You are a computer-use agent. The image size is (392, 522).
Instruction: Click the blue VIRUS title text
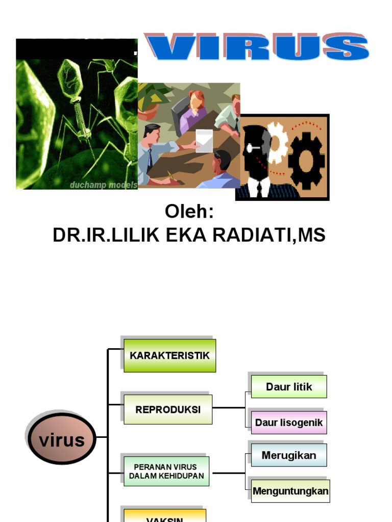[257, 48]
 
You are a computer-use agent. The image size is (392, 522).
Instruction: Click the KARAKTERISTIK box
[169, 355]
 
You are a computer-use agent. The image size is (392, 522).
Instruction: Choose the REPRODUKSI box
[168, 409]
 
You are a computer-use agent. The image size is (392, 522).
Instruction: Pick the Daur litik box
[289, 386]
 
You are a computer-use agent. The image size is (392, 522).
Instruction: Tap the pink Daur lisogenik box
[289, 423]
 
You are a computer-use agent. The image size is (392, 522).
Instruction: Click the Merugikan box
[289, 455]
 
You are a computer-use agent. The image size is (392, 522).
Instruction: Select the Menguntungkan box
[290, 492]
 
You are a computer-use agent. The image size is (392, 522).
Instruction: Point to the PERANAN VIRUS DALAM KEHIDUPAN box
[166, 471]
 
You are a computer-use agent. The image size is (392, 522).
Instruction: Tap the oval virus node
[62, 440]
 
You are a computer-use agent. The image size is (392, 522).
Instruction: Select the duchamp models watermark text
[104, 185]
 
